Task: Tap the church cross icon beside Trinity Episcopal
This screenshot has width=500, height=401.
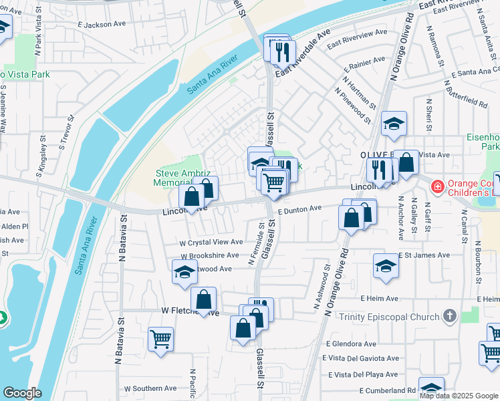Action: (450, 316)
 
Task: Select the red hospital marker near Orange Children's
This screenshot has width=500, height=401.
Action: (437, 184)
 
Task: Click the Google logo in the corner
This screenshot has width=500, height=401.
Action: (22, 393)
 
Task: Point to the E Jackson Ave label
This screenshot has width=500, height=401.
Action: (102, 25)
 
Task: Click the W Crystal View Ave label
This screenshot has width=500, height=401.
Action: (212, 242)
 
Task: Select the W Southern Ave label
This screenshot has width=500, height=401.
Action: (150, 388)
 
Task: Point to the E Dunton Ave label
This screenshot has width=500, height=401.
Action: (300, 209)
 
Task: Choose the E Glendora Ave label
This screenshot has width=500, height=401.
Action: (352, 344)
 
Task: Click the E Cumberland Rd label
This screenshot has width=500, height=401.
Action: (388, 390)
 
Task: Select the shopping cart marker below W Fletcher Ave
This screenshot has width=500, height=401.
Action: (160, 339)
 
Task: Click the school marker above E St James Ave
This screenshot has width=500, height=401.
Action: (386, 266)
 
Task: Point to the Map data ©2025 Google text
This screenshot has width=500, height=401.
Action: (459, 396)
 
